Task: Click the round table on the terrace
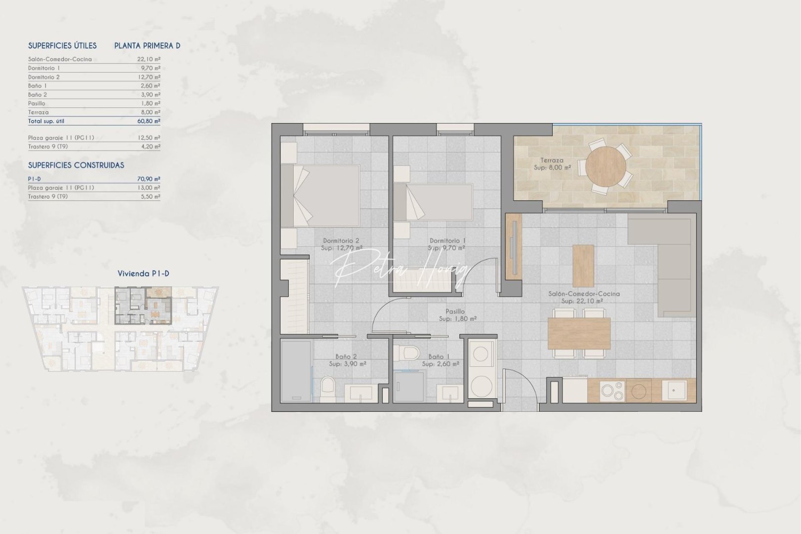pyautogui.click(x=606, y=166)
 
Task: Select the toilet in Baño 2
pyautogui.click(x=328, y=388)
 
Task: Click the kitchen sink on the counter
pyautogui.click(x=676, y=390)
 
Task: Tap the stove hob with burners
pyautogui.click(x=613, y=391)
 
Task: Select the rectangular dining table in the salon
pyautogui.click(x=579, y=333)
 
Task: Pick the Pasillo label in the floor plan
pyautogui.click(x=455, y=311)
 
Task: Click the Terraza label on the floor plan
pyautogui.click(x=551, y=160)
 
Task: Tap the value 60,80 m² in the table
pyautogui.click(x=149, y=121)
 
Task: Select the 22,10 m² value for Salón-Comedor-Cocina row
pyautogui.click(x=149, y=59)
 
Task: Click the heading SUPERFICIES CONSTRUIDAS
pyautogui.click(x=76, y=165)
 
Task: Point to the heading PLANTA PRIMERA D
pyautogui.click(x=147, y=46)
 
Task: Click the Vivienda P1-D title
pyautogui.click(x=143, y=273)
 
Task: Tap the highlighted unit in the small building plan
pyautogui.click(x=143, y=305)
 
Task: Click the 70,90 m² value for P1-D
pyautogui.click(x=149, y=179)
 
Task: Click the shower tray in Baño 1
pyautogui.click(x=409, y=386)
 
